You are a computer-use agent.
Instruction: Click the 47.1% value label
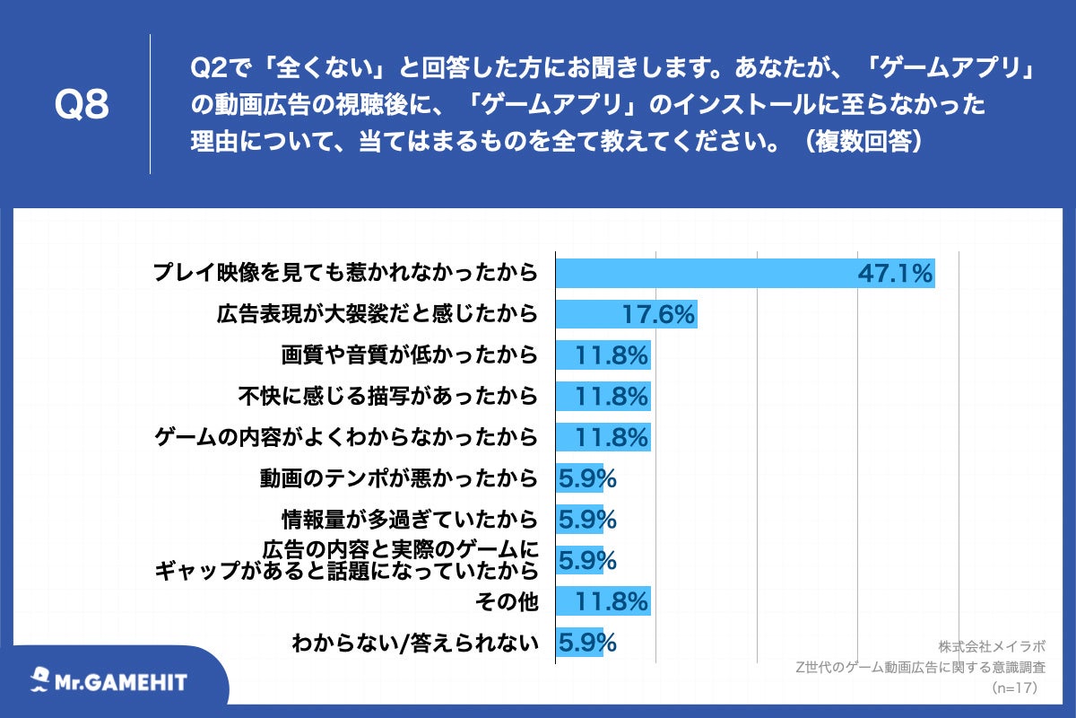(895, 273)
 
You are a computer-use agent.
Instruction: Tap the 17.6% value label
(658, 314)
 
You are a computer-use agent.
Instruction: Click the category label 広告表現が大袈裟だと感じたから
(377, 314)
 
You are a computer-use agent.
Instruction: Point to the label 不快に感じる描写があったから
(387, 396)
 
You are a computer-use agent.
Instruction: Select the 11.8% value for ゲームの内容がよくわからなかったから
(612, 438)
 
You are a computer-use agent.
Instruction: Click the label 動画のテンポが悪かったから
(399, 478)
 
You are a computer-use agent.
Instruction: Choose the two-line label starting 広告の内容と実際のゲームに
(346, 559)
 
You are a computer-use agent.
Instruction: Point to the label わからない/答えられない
(415, 643)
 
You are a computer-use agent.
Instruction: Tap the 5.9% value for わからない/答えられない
(587, 643)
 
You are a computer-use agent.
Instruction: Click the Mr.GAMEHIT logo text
(123, 682)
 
